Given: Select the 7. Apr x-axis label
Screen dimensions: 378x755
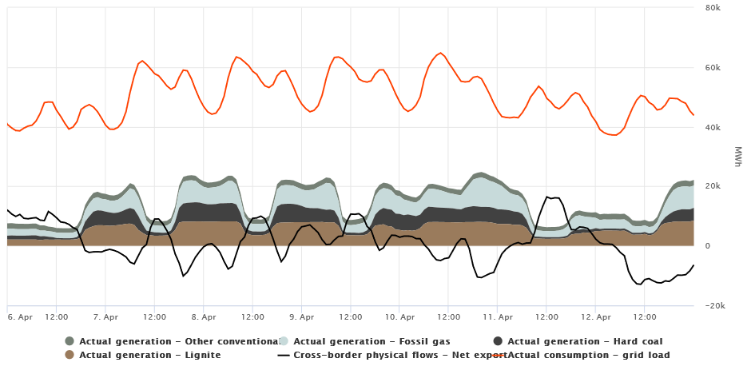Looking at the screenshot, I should (x=105, y=316).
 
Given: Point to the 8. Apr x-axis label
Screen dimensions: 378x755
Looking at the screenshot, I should (x=204, y=316).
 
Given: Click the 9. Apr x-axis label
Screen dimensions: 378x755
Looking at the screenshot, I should (x=302, y=316).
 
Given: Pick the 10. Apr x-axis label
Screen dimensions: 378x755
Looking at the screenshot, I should (x=399, y=316).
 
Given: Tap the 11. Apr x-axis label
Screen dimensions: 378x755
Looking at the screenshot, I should (x=498, y=316).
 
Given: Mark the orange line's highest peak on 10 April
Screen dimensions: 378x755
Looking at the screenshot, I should (x=440, y=53).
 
